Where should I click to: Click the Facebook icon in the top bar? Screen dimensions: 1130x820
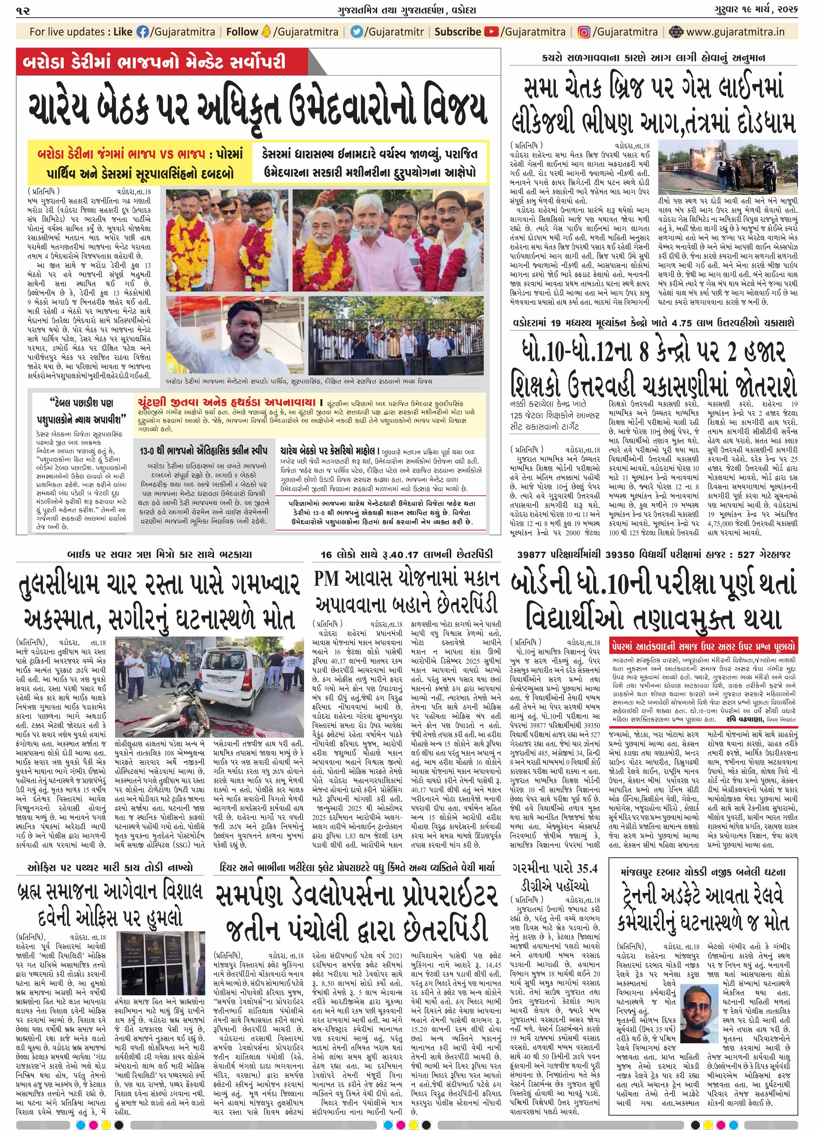[x=142, y=32]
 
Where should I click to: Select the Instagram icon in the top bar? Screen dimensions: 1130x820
[x=584, y=32]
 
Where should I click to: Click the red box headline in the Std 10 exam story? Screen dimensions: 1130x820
[x=703, y=647]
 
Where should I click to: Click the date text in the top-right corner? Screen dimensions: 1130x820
[x=760, y=10]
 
